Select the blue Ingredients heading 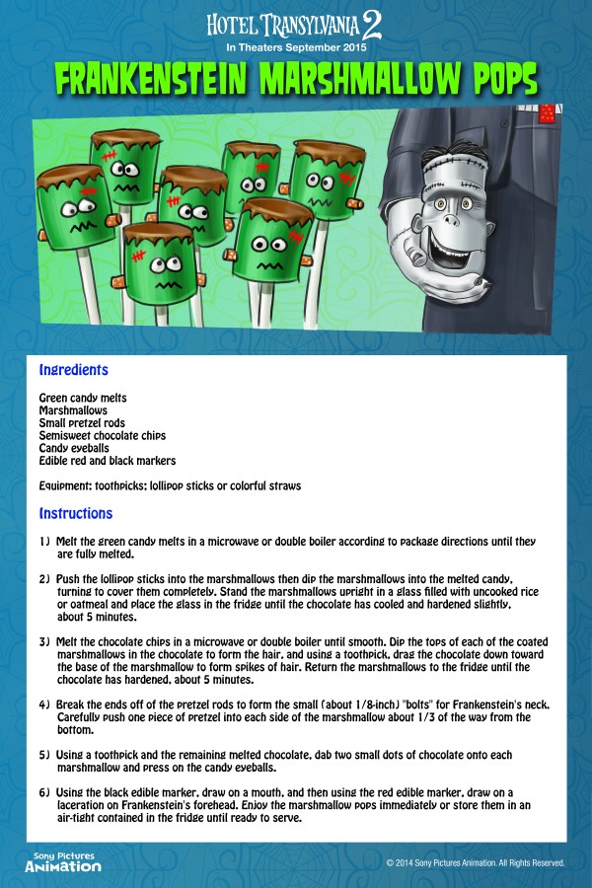73,371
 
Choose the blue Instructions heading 76,513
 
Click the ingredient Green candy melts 83,398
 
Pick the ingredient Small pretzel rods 82,422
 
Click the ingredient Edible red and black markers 108,461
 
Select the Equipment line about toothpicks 170,486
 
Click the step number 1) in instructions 45,542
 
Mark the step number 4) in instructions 45,705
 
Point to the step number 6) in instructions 45,792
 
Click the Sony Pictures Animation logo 63,859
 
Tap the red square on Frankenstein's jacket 544,115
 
